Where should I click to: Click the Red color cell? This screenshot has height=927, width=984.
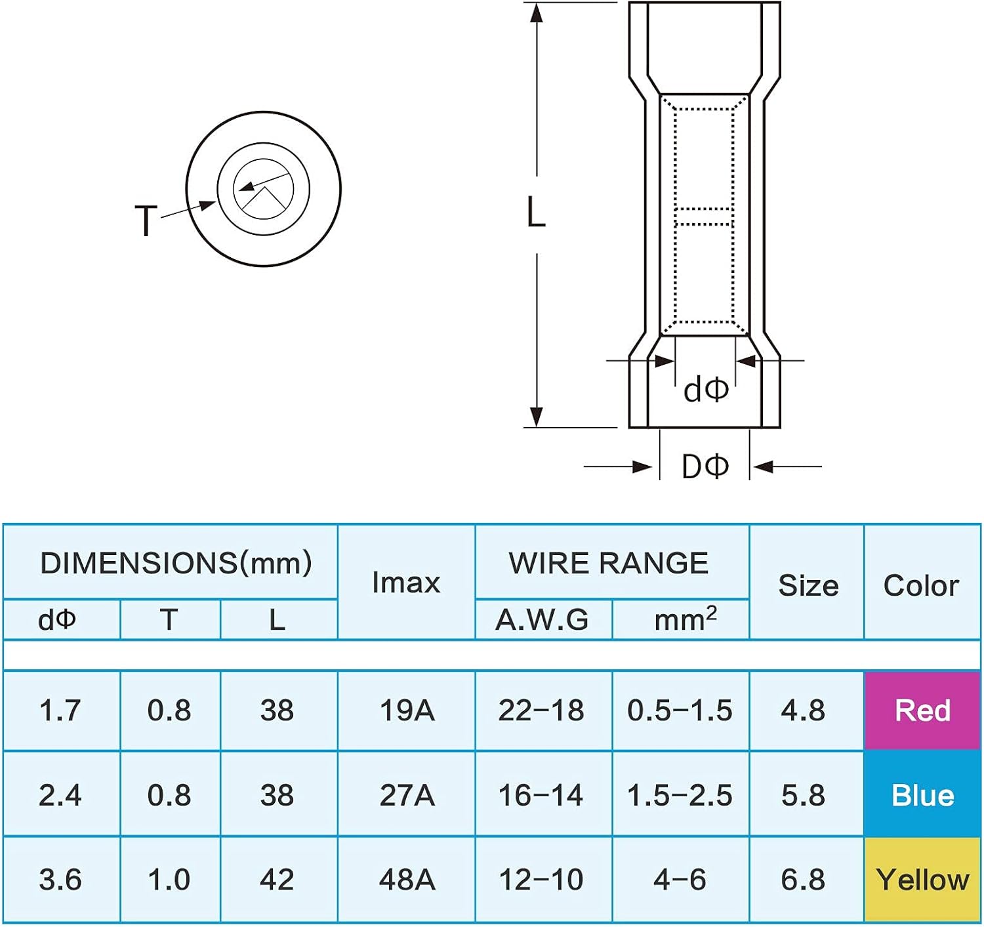[922, 711]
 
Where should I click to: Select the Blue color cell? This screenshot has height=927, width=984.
[922, 795]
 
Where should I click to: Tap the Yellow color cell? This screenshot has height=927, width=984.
[922, 880]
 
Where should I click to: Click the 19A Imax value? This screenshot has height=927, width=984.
[407, 711]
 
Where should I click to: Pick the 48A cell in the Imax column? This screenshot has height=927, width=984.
[407, 880]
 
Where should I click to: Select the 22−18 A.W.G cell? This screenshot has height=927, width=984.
[541, 711]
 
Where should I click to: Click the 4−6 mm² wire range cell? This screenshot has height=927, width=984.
[680, 880]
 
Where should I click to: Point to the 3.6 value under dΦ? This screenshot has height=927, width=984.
[60, 880]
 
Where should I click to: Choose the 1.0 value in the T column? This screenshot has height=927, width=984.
[169, 880]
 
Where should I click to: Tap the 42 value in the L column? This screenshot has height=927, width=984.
[277, 880]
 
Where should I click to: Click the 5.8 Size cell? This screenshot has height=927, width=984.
[804, 795]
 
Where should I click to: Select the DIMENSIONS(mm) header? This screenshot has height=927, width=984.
[176, 564]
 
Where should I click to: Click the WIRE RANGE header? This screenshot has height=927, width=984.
[609, 564]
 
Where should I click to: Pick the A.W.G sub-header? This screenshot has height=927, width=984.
[542, 620]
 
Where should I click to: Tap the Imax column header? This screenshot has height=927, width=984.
[406, 583]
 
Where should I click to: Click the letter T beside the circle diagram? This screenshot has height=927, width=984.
[146, 220]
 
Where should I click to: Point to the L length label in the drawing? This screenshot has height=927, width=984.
[536, 213]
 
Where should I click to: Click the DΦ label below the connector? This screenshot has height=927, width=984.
[705, 467]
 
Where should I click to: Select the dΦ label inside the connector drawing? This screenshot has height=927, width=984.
[706, 390]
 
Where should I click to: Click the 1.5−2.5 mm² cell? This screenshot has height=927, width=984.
[680, 795]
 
